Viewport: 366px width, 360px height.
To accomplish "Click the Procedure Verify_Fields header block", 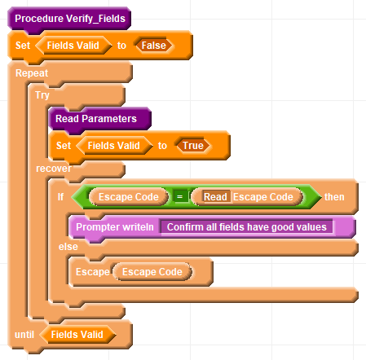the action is [x=69, y=19].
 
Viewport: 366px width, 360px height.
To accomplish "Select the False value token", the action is [x=153, y=46].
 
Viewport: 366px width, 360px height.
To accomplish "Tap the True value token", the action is [x=193, y=146].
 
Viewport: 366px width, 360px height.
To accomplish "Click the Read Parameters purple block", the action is [x=99, y=119].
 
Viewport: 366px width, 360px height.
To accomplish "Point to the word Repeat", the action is [x=32, y=73].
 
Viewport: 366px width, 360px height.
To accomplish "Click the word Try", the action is [x=42, y=95].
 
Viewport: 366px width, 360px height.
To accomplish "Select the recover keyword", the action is [x=54, y=169].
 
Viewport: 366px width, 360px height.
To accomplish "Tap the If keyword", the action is [x=60, y=196].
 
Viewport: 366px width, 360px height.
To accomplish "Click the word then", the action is [x=334, y=197].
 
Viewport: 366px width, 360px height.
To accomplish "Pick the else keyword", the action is [x=68, y=247].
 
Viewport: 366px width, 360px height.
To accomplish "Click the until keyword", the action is [x=24, y=335].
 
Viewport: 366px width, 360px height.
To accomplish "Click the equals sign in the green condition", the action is [x=179, y=196].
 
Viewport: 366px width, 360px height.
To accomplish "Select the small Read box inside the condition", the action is [x=215, y=197].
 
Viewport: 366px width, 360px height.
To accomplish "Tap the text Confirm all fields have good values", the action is [x=246, y=227].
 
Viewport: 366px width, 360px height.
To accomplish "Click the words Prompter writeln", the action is [x=115, y=227].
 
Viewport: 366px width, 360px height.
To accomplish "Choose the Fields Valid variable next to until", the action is [x=77, y=335].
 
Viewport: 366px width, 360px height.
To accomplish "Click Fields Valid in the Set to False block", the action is [x=73, y=46].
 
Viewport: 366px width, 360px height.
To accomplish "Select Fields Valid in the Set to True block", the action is [x=114, y=146].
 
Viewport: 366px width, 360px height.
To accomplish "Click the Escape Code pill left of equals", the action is [x=129, y=197].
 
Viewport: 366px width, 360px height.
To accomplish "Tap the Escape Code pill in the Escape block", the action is [x=152, y=272].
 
